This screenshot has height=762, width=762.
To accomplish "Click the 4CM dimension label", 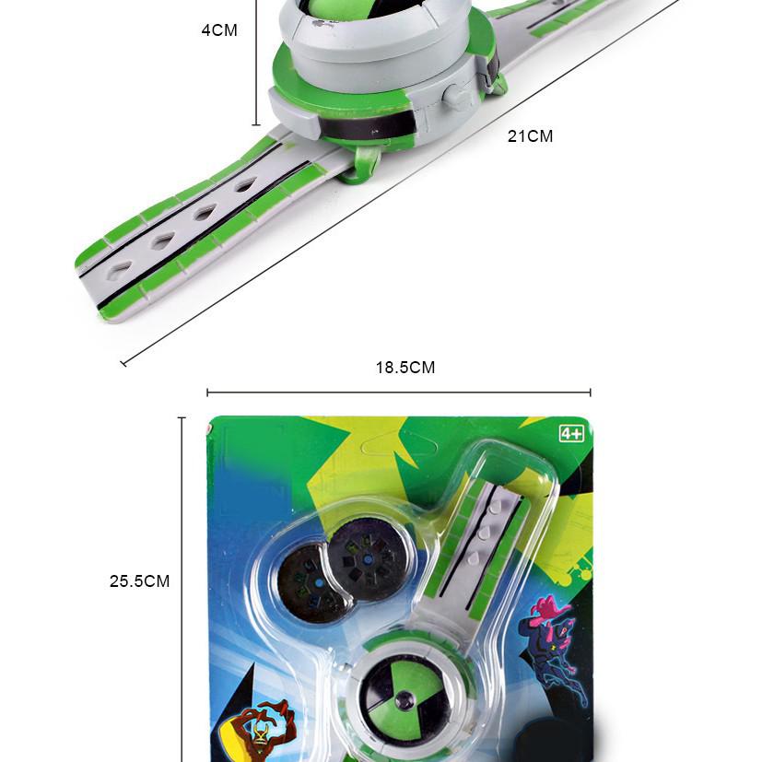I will coord(219,30).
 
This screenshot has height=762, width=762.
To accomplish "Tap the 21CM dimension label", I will coord(530,136).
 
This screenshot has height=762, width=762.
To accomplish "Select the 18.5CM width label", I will coord(404,368).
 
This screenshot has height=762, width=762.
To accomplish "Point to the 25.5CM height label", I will coord(140,581).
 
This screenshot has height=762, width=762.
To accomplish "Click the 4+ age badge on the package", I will coord(571,432).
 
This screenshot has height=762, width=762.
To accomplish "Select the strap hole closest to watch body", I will coord(246,185).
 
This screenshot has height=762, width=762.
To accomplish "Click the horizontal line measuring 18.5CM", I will coord(398,393).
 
